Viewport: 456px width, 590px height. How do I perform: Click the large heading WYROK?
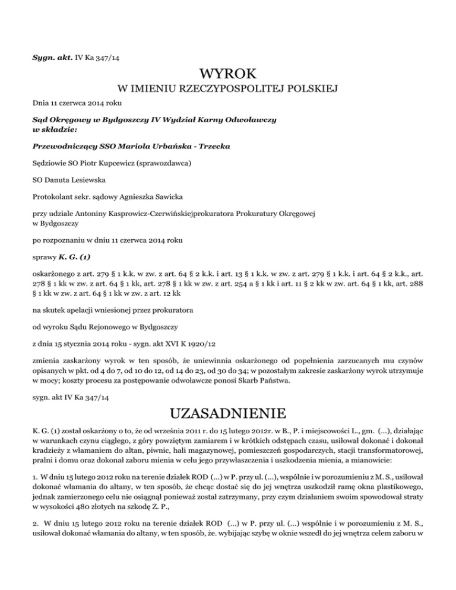228,75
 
